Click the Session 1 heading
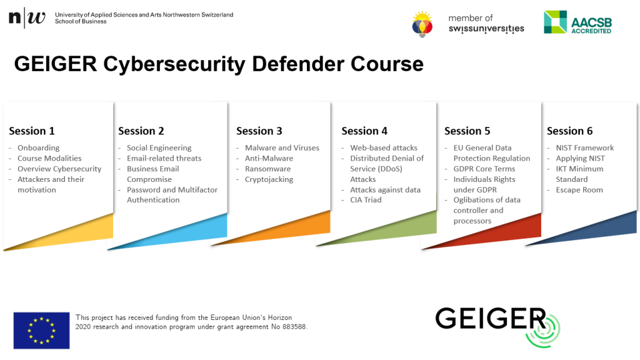(32, 131)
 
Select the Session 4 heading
(364, 131)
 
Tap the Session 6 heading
(570, 131)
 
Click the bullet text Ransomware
(267, 169)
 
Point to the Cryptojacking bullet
(269, 179)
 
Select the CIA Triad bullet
(366, 200)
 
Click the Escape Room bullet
(579, 190)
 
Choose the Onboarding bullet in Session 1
(38, 147)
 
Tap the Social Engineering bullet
(159, 147)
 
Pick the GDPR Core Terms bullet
(484, 169)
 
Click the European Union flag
(42, 331)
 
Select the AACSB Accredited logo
(578, 22)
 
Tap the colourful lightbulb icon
(422, 24)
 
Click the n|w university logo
(27, 17)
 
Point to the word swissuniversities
(486, 29)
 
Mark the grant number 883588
(294, 327)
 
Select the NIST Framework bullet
(585, 147)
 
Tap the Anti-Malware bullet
(269, 158)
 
